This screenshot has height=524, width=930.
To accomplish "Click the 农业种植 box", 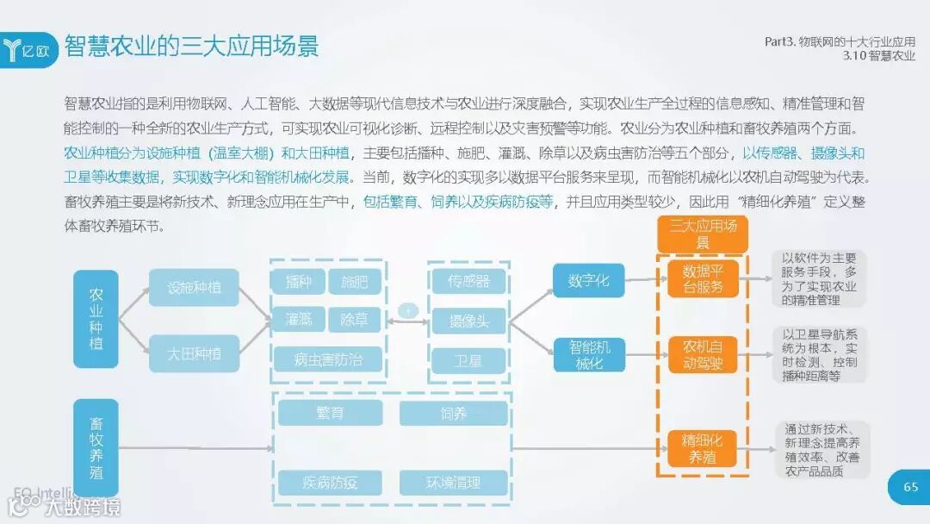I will pos(96,320).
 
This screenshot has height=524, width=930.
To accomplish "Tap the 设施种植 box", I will pos(194,288).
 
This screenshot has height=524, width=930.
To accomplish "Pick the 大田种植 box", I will pos(194,353).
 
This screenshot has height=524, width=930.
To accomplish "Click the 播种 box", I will pos(299,281).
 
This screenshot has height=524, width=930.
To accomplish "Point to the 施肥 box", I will pos(354,281).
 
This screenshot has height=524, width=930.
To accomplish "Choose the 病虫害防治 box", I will pos(328,359).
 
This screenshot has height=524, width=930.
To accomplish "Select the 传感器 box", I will pos(468,281).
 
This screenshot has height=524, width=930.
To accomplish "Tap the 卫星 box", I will pos(468,359).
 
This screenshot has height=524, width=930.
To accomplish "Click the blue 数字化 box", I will pos(589,281).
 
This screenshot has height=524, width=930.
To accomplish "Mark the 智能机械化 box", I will pos(589,353).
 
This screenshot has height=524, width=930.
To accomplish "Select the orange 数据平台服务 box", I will pos(704,279).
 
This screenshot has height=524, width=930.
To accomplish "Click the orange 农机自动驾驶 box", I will pos(704,354).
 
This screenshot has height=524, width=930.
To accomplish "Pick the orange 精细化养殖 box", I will pos(704,449).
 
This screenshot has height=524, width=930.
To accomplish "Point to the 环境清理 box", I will pos(453,483).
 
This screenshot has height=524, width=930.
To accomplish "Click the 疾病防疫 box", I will pos(330,483).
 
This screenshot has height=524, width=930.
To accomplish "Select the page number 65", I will pos(910,487).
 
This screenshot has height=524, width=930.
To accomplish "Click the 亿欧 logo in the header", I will pos(32,49).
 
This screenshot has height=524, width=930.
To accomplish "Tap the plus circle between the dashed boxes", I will pos(408,311).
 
